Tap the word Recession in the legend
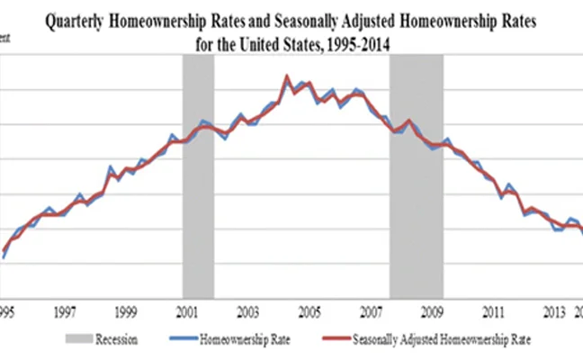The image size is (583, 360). (124, 339)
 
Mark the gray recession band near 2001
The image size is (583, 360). (198, 180)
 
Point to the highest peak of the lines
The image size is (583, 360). (286, 76)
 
